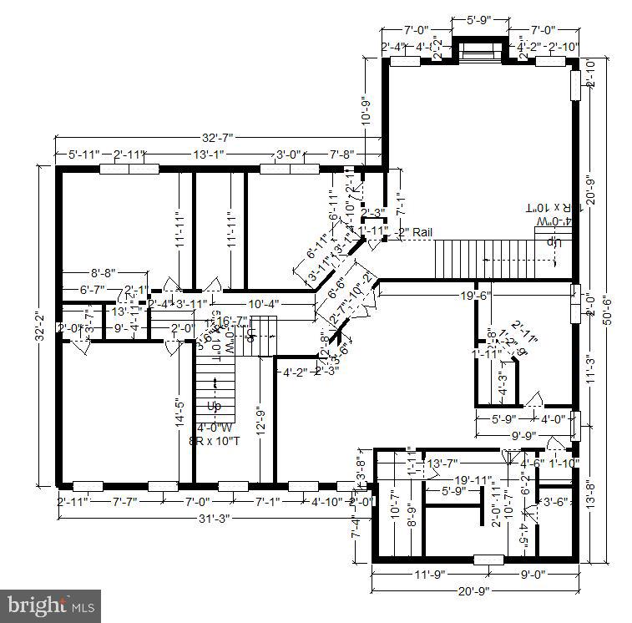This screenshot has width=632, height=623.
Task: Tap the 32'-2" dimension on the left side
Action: pyautogui.click(x=40, y=326)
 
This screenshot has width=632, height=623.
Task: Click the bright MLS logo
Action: pyautogui.click(x=52, y=604)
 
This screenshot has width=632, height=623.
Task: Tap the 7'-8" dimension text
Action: pyautogui.click(x=341, y=154)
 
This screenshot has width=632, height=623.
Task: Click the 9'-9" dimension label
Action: pyautogui.click(x=523, y=435)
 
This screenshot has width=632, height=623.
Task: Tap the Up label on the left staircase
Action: pyautogui.click(x=214, y=407)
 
